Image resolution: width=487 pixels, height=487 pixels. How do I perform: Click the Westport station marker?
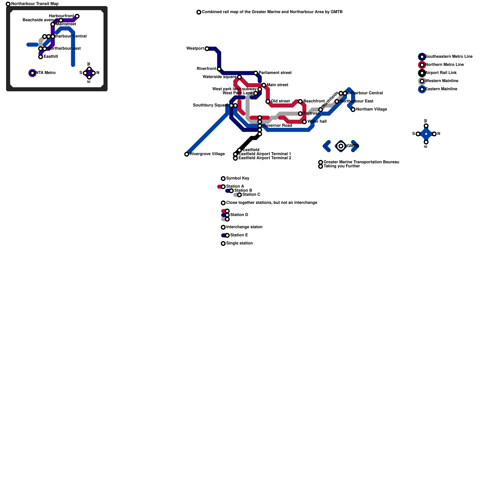pyautogui.click(x=207, y=49)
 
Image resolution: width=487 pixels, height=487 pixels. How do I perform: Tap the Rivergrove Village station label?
pyautogui.click(x=207, y=154)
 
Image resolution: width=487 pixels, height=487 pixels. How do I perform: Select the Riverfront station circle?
pyautogui.click(x=219, y=69)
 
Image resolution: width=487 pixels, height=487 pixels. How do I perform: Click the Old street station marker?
pyautogui.click(x=268, y=101)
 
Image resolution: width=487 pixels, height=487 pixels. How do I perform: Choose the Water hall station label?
pyautogui.click(x=317, y=121)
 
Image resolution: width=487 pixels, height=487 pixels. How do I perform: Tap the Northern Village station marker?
pyautogui.click(x=353, y=110)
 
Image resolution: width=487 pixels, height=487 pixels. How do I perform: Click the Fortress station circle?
pyautogui.click(x=300, y=114)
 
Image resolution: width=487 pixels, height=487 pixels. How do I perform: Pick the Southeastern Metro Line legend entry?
pyautogui.click(x=448, y=57)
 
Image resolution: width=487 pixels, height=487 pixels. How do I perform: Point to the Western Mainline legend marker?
pyautogui.click(x=422, y=81)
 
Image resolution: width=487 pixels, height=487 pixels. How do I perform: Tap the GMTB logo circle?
pyautogui.click(x=341, y=146)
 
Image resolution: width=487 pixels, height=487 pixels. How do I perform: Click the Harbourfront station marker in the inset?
pyautogui.click(x=77, y=16)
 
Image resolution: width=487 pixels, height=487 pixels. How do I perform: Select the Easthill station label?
pyautogui.click(x=51, y=57)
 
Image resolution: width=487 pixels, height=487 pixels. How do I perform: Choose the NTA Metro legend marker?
pyautogui.click(x=33, y=73)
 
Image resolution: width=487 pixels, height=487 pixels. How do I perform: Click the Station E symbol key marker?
pyautogui.click(x=227, y=235)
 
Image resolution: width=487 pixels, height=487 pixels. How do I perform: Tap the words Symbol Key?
pyautogui.click(x=237, y=178)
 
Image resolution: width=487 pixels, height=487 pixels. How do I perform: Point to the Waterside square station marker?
pyautogui.click(x=240, y=77)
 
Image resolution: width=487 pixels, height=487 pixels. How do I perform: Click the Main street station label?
pyautogui.click(x=277, y=85)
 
